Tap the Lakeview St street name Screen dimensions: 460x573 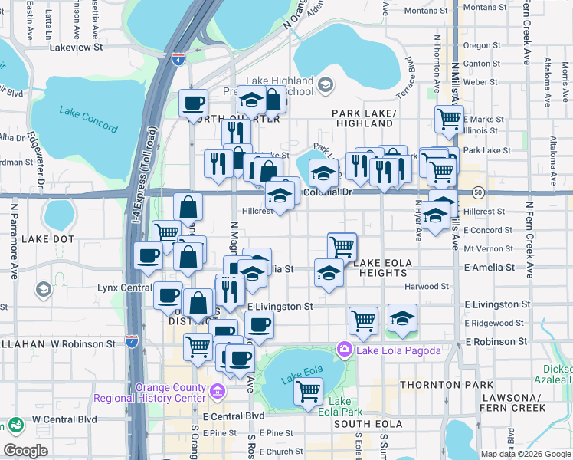(x=76, y=47)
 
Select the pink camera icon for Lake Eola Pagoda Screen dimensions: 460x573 (x=344, y=350)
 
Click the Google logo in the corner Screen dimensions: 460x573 (x=25, y=450)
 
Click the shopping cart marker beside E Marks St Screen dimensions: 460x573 (x=449, y=119)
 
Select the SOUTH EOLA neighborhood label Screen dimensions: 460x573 (x=363, y=423)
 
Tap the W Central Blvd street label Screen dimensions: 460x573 (x=64, y=419)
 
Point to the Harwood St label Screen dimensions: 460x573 (x=427, y=286)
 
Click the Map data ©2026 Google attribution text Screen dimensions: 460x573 (x=526, y=453)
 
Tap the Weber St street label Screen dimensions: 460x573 (x=480, y=81)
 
